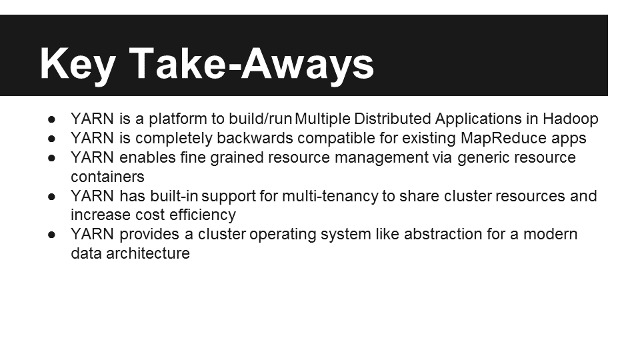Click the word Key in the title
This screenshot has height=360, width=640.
pyautogui.click(x=77, y=64)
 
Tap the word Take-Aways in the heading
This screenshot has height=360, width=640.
pyautogui.click(x=251, y=64)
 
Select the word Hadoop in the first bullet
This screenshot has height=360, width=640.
pyautogui.click(x=570, y=119)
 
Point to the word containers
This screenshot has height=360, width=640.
pyautogui.click(x=107, y=177)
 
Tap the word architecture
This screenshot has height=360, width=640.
pyautogui.click(x=148, y=253)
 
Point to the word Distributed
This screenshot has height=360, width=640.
pyautogui.click(x=393, y=119)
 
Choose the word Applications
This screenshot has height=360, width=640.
pyautogui.click(x=479, y=119)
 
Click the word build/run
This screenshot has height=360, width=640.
pyautogui.click(x=261, y=119)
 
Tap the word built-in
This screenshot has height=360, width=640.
pyautogui.click(x=174, y=196)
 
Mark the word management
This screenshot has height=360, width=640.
pyautogui.click(x=381, y=157)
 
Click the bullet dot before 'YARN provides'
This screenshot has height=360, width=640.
pyautogui.click(x=51, y=235)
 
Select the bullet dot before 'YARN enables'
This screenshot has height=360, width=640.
pyautogui.click(x=51, y=158)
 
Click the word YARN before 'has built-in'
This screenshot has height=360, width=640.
pyautogui.click(x=92, y=196)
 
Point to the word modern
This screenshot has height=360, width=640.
pyautogui.click(x=550, y=234)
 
